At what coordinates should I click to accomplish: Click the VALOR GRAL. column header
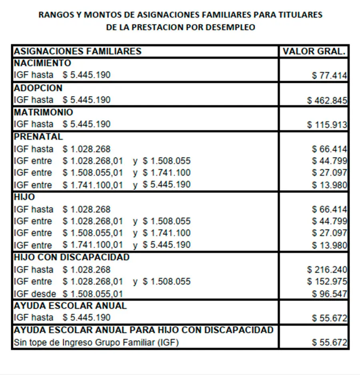click(x=314, y=51)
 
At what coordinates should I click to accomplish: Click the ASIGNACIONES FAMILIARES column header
click(x=78, y=51)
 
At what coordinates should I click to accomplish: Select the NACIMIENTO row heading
click(x=42, y=63)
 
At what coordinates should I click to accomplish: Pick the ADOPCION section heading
click(x=38, y=88)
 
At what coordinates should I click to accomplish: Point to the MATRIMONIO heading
click(x=44, y=112)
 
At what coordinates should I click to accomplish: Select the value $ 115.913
click(x=327, y=125)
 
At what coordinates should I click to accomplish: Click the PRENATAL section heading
click(x=38, y=136)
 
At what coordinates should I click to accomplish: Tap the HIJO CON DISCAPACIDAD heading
click(x=72, y=257)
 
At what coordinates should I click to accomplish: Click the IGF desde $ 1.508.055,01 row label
click(x=68, y=294)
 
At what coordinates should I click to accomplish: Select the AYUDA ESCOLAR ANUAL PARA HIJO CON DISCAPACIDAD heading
click(x=144, y=330)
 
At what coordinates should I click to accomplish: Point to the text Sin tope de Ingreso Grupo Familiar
click(x=96, y=343)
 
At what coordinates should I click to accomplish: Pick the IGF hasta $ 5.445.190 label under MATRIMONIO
click(x=62, y=124)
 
